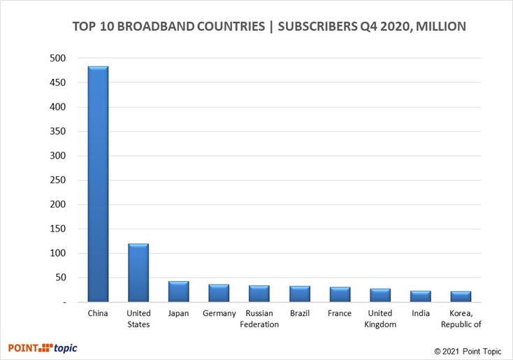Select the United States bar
138,273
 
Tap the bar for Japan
179,291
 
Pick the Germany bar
219,293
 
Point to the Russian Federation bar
259,294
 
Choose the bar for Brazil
300,294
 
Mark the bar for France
340,294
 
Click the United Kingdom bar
380,295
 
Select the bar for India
421,296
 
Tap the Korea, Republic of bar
461,296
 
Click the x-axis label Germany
219,314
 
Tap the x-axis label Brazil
300,314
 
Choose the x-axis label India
421,314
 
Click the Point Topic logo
43,347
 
